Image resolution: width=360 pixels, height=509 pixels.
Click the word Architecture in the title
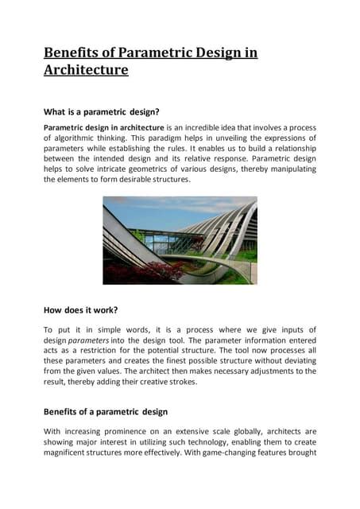click(x=86, y=70)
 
